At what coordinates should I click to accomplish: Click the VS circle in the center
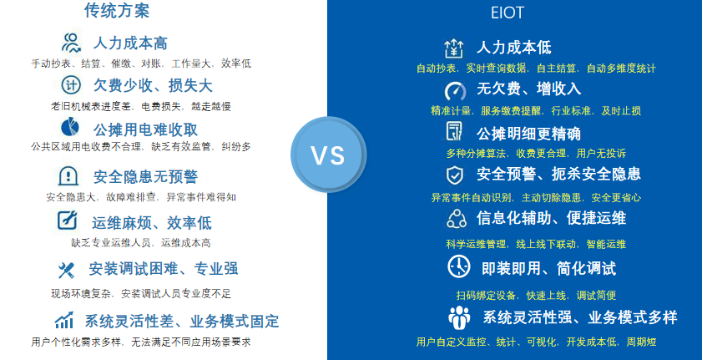pyautogui.click(x=328, y=155)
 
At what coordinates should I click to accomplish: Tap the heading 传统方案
pyautogui.click(x=117, y=10)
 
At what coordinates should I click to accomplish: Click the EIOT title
pyautogui.click(x=508, y=13)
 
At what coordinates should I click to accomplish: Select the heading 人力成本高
pyautogui.click(x=130, y=43)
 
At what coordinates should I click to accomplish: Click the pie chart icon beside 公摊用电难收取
pyautogui.click(x=70, y=127)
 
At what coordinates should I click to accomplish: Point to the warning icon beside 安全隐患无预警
pyautogui.click(x=68, y=176)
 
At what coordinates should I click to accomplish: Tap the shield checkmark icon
pyautogui.click(x=455, y=175)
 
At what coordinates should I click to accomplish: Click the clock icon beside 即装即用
pyautogui.click(x=459, y=266)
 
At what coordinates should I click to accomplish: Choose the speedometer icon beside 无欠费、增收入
pyautogui.click(x=455, y=91)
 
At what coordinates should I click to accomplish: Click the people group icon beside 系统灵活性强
pyautogui.click(x=459, y=317)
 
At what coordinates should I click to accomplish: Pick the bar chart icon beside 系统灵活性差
pyautogui.click(x=64, y=320)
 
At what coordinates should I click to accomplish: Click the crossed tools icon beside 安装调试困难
pyautogui.click(x=66, y=270)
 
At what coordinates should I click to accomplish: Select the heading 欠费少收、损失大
pyautogui.click(x=153, y=85)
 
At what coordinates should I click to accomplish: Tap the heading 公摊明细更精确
pyautogui.click(x=528, y=134)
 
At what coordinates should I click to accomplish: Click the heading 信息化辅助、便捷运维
pyautogui.click(x=551, y=218)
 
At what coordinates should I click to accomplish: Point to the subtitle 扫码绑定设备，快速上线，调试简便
pyautogui.click(x=536, y=296)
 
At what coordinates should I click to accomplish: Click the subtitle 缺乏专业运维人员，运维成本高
pyautogui.click(x=140, y=243)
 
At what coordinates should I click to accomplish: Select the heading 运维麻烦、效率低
pyautogui.click(x=152, y=222)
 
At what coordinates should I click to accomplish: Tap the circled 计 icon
pyautogui.click(x=71, y=84)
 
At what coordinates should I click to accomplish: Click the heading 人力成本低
pyautogui.click(x=514, y=48)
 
